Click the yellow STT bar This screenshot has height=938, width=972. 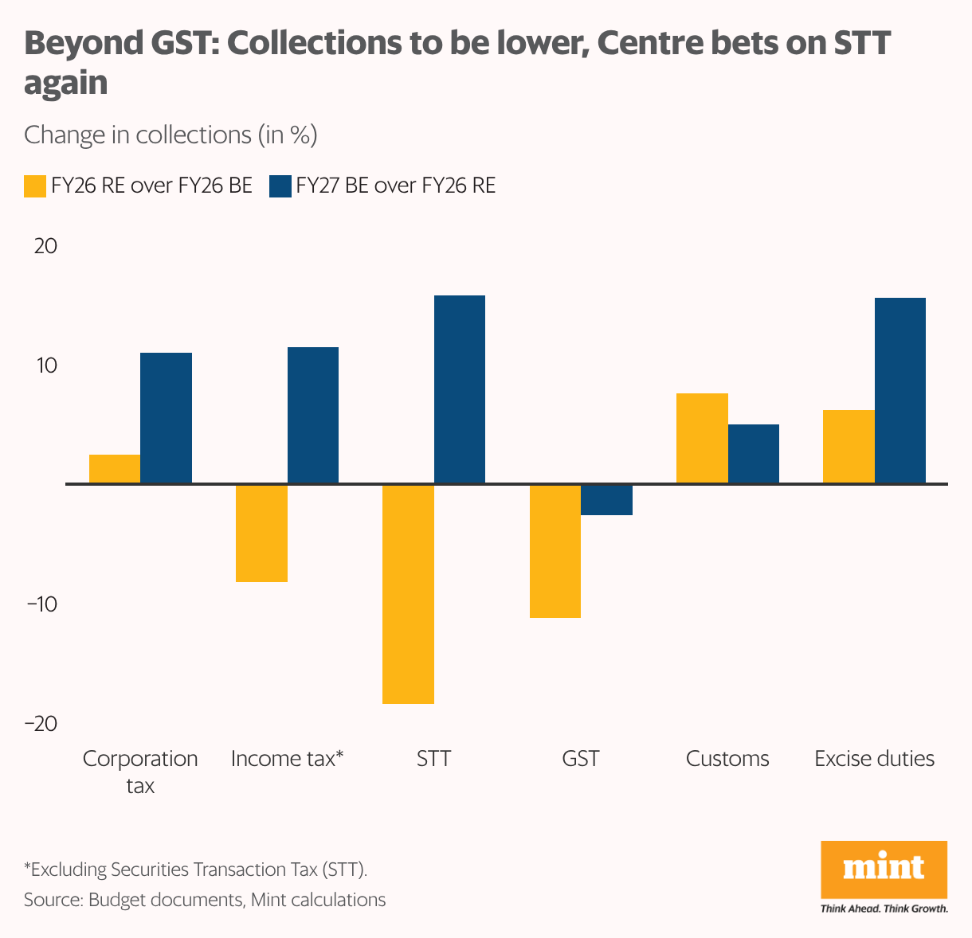coord(408,593)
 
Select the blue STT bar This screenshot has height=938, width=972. coord(460,389)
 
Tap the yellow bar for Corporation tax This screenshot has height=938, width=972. coord(115,469)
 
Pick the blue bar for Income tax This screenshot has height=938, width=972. coord(312,415)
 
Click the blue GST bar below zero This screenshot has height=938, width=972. coord(606,500)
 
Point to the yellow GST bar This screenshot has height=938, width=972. coord(555,550)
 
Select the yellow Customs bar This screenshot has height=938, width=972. coord(702,438)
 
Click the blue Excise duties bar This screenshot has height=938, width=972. coord(900,390)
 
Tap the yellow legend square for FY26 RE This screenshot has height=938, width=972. coord(34,186)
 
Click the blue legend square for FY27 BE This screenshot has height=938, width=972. coord(280,186)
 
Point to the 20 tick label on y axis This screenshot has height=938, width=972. coord(45,246)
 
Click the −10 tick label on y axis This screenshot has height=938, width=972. coord(41,604)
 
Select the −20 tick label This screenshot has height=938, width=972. coord(41,724)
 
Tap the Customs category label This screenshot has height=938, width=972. coord(727,759)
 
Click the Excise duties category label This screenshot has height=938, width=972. coord(874,759)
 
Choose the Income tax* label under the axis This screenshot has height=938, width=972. coord(287,759)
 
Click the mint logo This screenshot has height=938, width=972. coord(884,870)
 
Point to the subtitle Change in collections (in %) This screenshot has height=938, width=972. coord(170,135)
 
